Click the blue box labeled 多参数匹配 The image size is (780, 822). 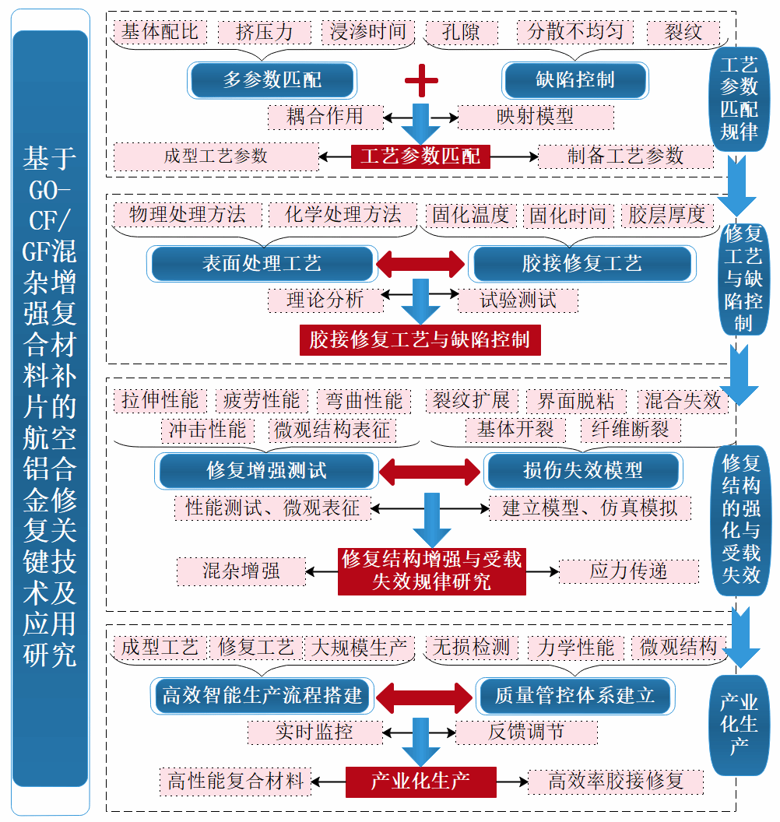(x=272, y=79)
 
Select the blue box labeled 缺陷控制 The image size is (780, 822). (x=575, y=79)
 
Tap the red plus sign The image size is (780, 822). (x=421, y=79)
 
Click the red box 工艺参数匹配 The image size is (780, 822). (x=420, y=156)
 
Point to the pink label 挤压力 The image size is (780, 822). (x=265, y=32)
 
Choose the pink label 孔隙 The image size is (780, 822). (x=461, y=32)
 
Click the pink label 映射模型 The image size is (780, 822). (x=535, y=117)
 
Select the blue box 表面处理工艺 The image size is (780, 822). (x=262, y=264)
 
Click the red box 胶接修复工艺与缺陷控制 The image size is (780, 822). (x=420, y=340)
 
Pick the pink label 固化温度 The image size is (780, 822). (x=470, y=215)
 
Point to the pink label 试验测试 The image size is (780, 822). (x=518, y=300)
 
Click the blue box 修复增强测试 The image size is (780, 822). (x=266, y=470)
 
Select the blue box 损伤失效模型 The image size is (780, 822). (x=583, y=470)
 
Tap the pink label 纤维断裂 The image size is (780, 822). (x=630, y=429)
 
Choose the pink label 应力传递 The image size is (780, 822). (x=628, y=571)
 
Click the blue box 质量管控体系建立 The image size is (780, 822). (x=574, y=695)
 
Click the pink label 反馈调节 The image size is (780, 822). (x=526, y=732)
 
